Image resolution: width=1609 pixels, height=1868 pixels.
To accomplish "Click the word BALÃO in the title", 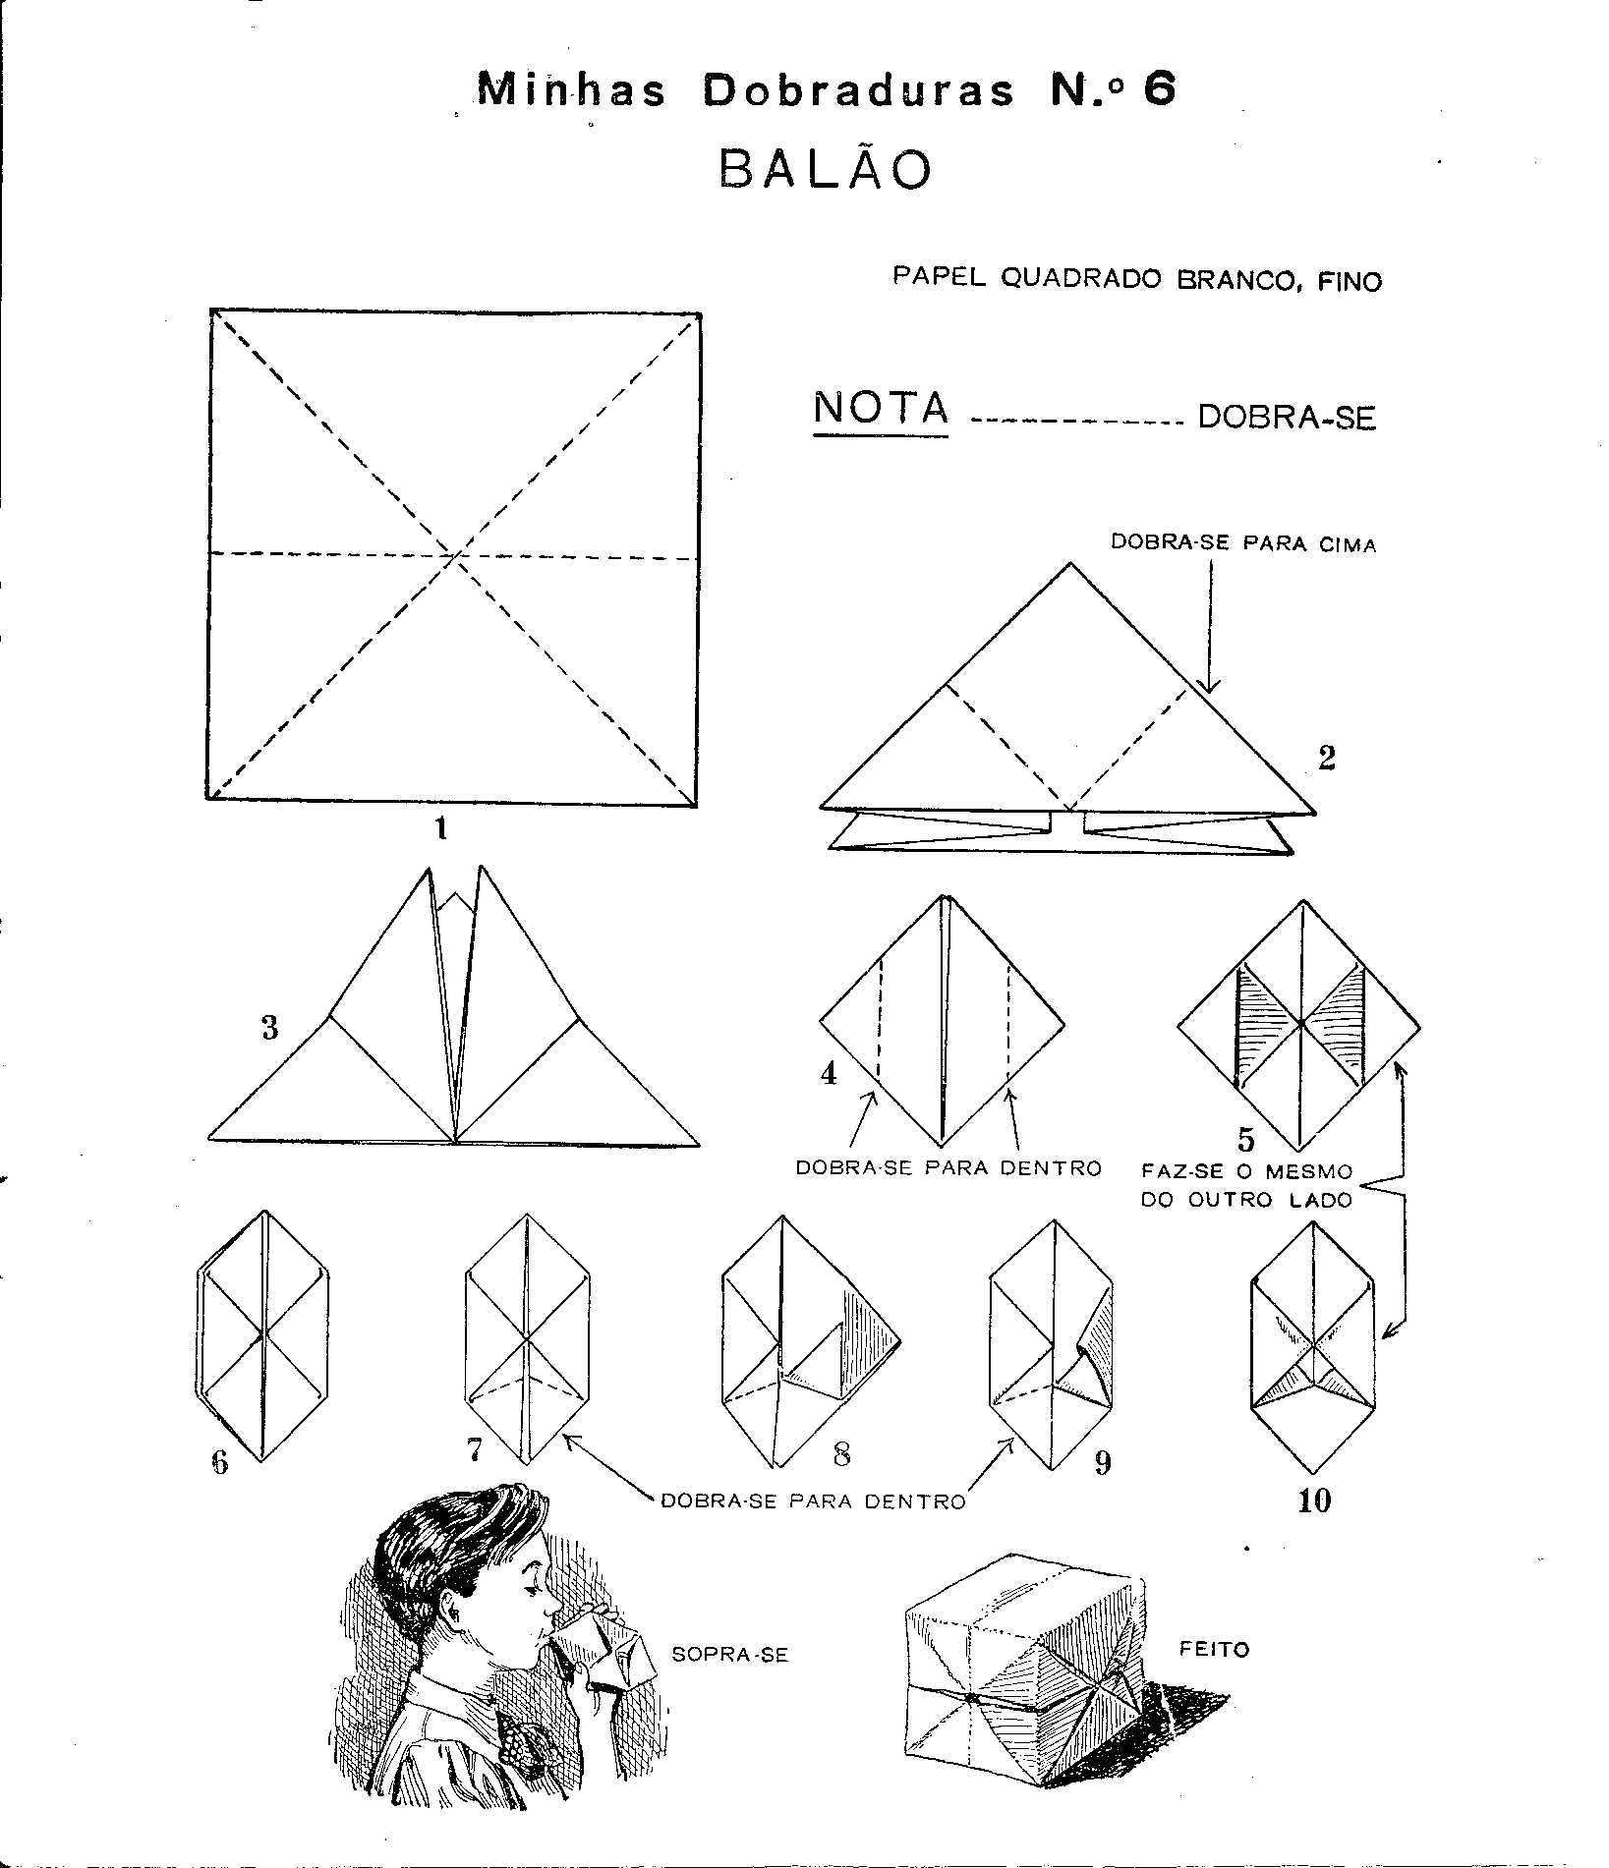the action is pyautogui.click(x=825, y=169).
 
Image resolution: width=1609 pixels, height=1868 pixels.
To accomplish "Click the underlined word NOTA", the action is pyautogui.click(x=882, y=408).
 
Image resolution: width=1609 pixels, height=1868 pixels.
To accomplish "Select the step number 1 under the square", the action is pyautogui.click(x=441, y=830).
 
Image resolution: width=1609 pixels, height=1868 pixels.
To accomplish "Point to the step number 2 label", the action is pyautogui.click(x=1326, y=758).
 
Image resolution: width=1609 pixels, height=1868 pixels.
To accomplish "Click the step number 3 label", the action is pyautogui.click(x=269, y=1028).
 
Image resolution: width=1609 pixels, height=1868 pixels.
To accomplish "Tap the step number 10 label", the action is pyautogui.click(x=1314, y=1500).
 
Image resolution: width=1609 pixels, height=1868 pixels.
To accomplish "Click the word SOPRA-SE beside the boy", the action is pyautogui.click(x=729, y=1655).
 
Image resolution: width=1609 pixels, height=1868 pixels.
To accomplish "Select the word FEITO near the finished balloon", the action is pyautogui.click(x=1215, y=1648).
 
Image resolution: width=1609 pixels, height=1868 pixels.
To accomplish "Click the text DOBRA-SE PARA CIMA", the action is pyautogui.click(x=1243, y=543).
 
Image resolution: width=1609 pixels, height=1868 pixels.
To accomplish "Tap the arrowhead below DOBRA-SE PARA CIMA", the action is pyautogui.click(x=1210, y=684).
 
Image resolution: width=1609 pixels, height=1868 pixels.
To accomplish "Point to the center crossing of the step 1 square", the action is pyautogui.click(x=454, y=557).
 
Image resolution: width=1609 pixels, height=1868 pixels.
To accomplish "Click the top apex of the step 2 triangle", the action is pyautogui.click(x=1069, y=563).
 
